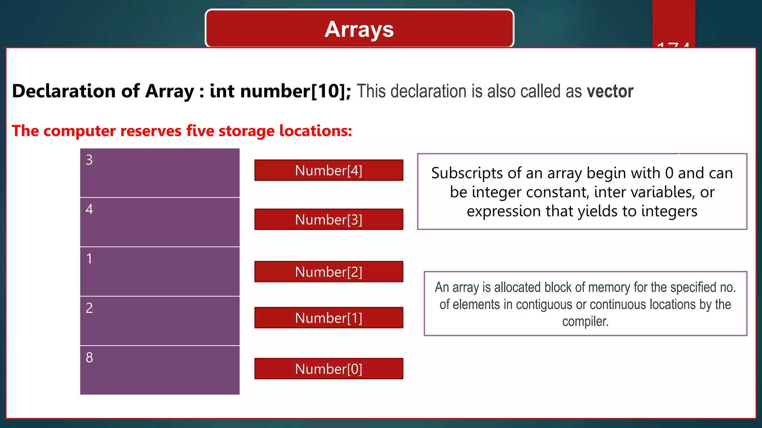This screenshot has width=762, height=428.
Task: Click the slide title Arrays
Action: pyautogui.click(x=359, y=29)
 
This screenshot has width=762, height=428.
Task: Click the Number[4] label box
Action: pyautogui.click(x=329, y=171)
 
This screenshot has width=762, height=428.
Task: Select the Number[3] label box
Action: pyautogui.click(x=329, y=220)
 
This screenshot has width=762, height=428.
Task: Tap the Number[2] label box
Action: pyautogui.click(x=329, y=272)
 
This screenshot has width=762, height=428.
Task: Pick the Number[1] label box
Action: pyautogui.click(x=329, y=318)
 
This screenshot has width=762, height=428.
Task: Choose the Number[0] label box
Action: pyautogui.click(x=329, y=369)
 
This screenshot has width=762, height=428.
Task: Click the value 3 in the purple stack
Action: pyautogui.click(x=89, y=160)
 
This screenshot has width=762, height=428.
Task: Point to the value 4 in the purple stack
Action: pyautogui.click(x=89, y=210)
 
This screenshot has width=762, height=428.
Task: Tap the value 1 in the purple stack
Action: pyautogui.click(x=89, y=259)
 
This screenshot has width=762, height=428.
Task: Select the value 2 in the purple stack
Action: pyautogui.click(x=89, y=308)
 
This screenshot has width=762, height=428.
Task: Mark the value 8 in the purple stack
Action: pyautogui.click(x=89, y=358)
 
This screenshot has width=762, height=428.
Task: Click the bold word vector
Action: pyautogui.click(x=610, y=91)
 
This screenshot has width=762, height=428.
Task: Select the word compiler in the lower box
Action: pyautogui.click(x=585, y=322)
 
